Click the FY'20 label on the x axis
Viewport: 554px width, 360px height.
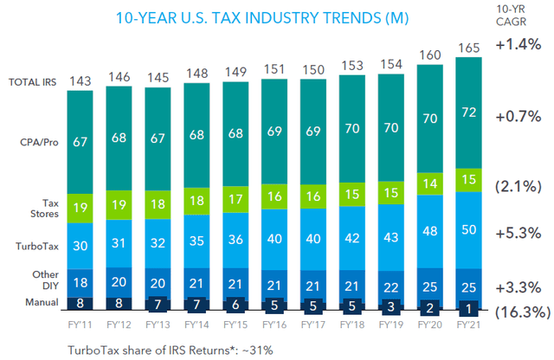point(435,326)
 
